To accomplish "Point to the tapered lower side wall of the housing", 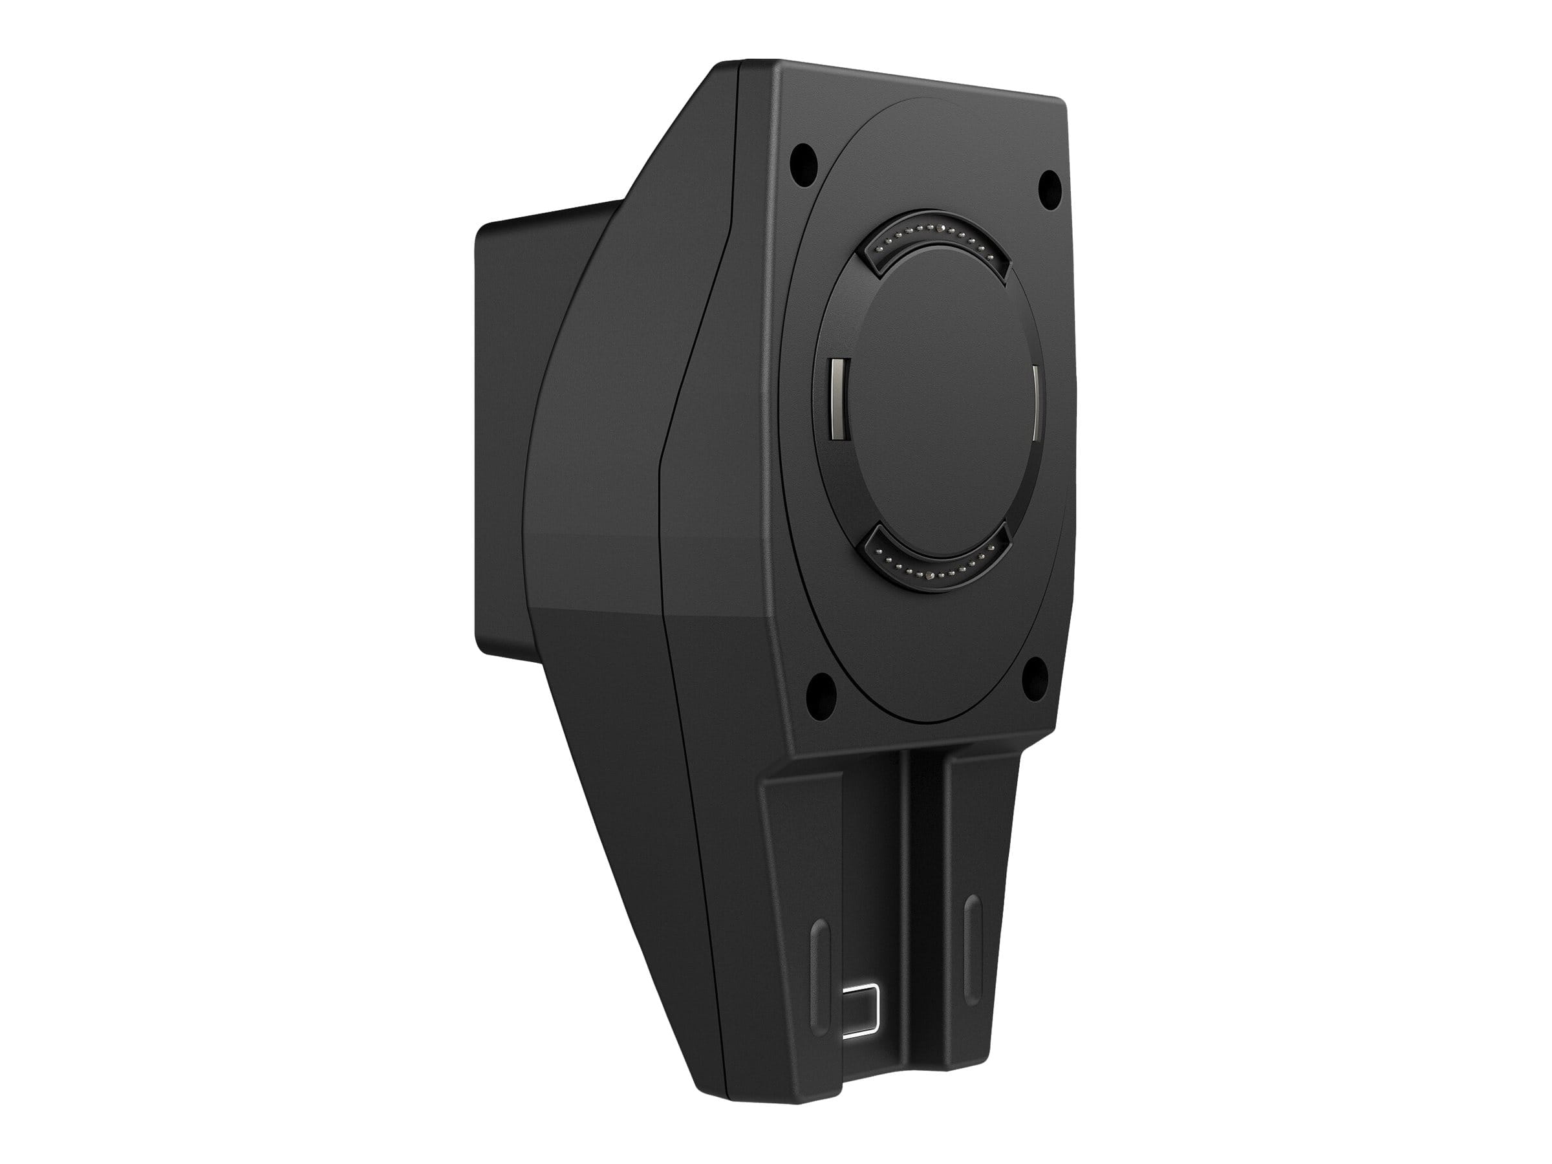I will pos(631,807).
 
